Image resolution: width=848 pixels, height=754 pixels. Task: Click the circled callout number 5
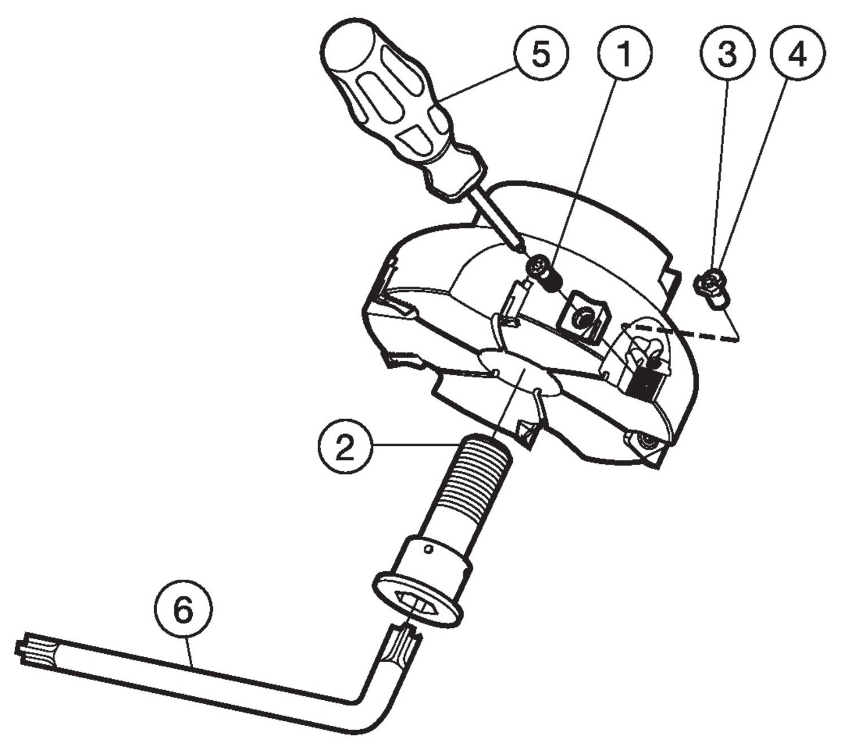(540, 54)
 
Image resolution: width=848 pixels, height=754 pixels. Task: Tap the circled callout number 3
(727, 54)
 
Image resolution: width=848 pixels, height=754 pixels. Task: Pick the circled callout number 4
(797, 54)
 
